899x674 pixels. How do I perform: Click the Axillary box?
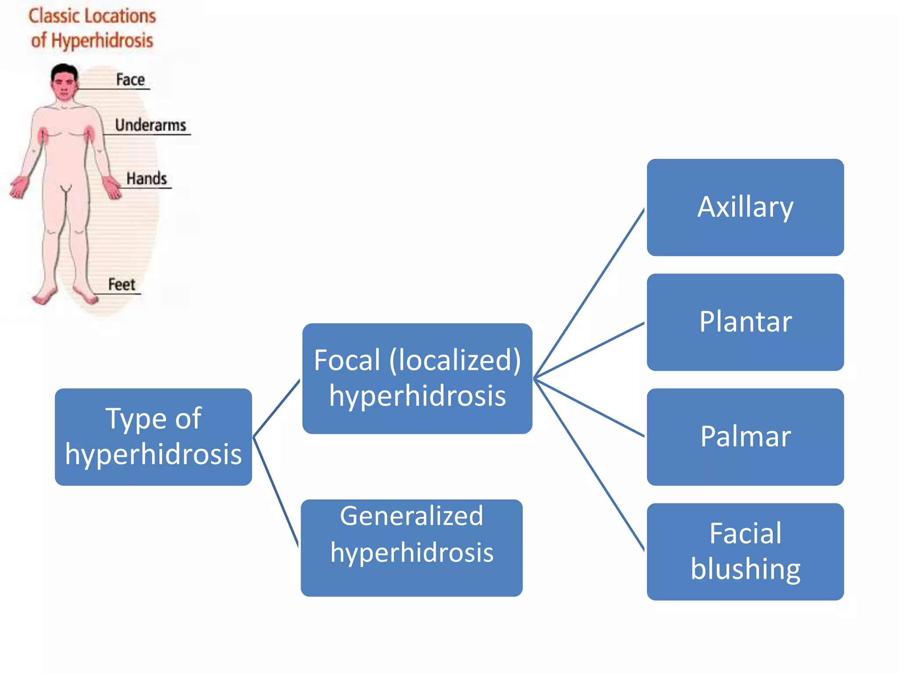click(745, 207)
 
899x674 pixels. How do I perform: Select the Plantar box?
click(745, 322)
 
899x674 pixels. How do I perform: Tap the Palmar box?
click(745, 437)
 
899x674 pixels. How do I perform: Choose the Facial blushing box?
click(745, 551)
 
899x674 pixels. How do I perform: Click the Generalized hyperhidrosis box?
click(411, 547)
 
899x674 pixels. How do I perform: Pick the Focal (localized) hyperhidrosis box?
click(417, 378)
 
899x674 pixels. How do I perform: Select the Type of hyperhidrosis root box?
click(153, 437)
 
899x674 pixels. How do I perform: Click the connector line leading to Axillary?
click(590, 293)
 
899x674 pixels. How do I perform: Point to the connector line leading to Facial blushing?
click(590, 464)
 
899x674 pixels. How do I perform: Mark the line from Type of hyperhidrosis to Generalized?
click(276, 491)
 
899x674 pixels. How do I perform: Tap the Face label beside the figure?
click(130, 80)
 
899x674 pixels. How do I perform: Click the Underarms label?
click(151, 125)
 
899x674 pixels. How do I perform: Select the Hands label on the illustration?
click(147, 179)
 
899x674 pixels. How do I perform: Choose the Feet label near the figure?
click(122, 284)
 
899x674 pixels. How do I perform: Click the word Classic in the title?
click(54, 16)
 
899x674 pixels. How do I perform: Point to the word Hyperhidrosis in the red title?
click(102, 40)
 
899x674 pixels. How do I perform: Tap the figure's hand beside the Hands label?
click(111, 188)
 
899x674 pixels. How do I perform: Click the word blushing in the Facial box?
click(745, 569)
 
